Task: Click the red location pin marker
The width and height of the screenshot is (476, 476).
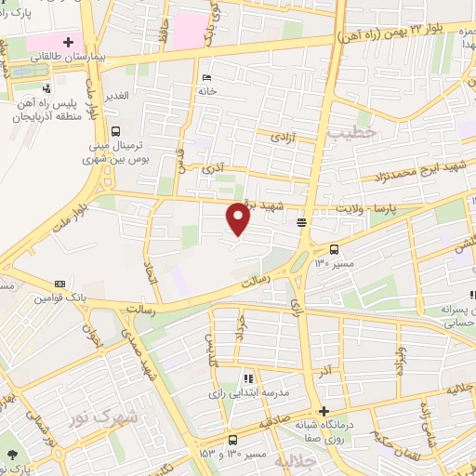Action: (238, 218)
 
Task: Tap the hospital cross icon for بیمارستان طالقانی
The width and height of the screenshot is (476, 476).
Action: (68, 41)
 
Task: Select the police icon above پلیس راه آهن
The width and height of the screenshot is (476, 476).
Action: (46, 88)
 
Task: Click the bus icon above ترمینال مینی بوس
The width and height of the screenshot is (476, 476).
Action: (115, 131)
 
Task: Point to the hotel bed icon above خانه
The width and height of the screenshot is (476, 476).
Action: (206, 77)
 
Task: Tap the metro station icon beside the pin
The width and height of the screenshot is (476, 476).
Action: (301, 222)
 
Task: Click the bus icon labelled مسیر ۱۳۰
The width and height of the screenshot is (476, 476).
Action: (335, 248)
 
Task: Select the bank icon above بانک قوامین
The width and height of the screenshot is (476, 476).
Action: (59, 284)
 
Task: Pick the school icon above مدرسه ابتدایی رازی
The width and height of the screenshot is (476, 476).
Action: (247, 379)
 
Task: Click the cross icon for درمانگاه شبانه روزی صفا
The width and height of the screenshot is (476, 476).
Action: (324, 411)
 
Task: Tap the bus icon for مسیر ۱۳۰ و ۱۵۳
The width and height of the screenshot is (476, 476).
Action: (231, 439)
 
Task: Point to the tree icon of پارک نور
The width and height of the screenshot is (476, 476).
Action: (11, 455)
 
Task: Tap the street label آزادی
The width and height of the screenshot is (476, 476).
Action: (282, 137)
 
